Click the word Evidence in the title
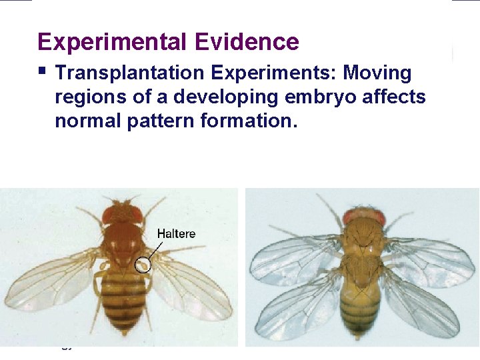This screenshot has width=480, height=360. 247,42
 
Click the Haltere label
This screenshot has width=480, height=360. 177,234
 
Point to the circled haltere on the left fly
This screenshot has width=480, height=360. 143,265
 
